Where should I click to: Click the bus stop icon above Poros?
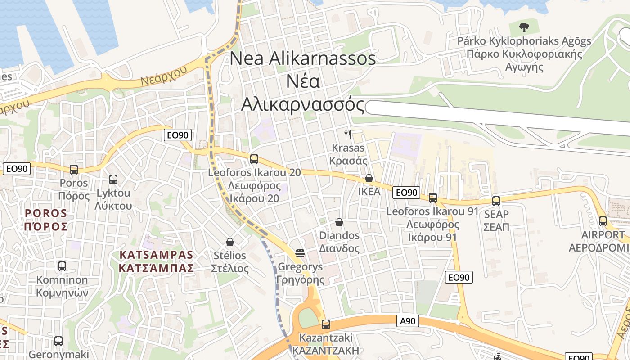coord(74,170)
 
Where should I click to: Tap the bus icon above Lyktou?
coord(113,180)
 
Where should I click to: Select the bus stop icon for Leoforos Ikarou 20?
coord(254,159)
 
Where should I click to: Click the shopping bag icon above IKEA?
coord(369,178)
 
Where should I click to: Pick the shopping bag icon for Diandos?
coord(339,222)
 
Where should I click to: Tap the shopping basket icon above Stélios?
coord(230,242)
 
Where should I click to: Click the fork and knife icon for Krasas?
coord(347,134)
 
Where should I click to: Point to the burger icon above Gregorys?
coord(300,253)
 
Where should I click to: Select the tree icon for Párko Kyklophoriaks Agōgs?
coord(524,27)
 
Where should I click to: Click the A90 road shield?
coord(408,321)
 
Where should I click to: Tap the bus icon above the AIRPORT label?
coord(603,221)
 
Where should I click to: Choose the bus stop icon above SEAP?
coord(496,201)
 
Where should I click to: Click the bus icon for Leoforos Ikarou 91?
coord(433,198)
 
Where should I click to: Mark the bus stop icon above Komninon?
coord(62,266)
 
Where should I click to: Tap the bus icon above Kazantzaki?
coord(326,324)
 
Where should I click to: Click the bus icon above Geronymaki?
coord(58,341)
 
